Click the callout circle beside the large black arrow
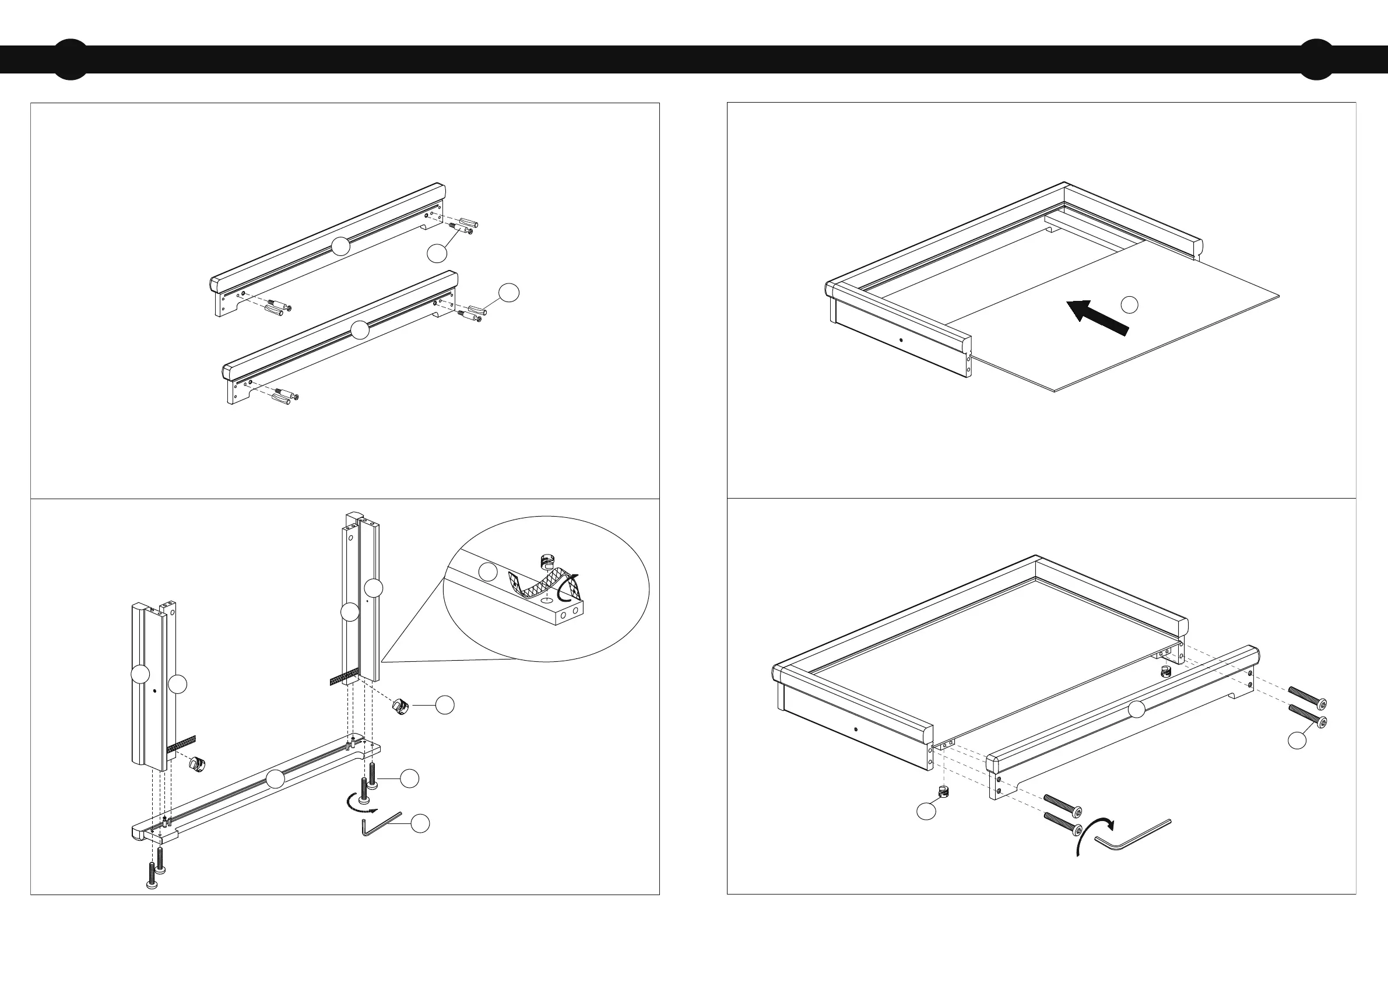point(1129,305)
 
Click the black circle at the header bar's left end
point(71,59)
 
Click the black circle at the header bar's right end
point(1316,59)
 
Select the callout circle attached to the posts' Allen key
point(420,823)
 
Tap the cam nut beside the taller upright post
point(401,706)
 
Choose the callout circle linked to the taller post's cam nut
point(445,704)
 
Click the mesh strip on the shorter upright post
point(181,743)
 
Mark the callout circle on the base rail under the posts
point(276,779)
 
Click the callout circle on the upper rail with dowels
point(341,246)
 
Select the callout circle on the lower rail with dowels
point(360,330)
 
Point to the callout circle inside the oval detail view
point(488,571)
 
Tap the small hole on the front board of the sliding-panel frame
point(901,340)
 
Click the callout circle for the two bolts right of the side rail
point(1296,740)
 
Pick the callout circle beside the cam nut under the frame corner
point(926,811)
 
